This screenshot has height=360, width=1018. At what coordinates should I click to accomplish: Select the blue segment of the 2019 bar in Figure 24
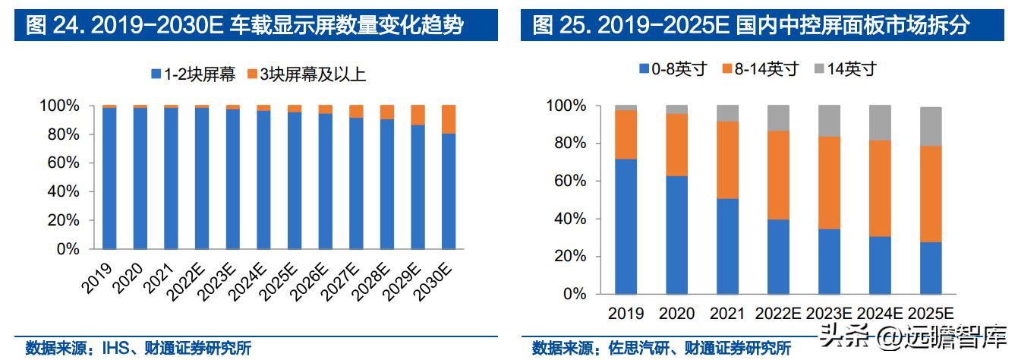click(109, 178)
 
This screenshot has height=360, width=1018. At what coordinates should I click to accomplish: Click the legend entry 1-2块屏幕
click(194, 74)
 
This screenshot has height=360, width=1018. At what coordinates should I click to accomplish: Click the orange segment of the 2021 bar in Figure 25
click(726, 160)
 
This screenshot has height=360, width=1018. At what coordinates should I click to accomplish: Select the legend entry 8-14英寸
click(760, 69)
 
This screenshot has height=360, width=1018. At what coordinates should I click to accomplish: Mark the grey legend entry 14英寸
click(844, 69)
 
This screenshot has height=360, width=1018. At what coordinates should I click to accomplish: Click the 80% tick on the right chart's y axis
click(571, 144)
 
